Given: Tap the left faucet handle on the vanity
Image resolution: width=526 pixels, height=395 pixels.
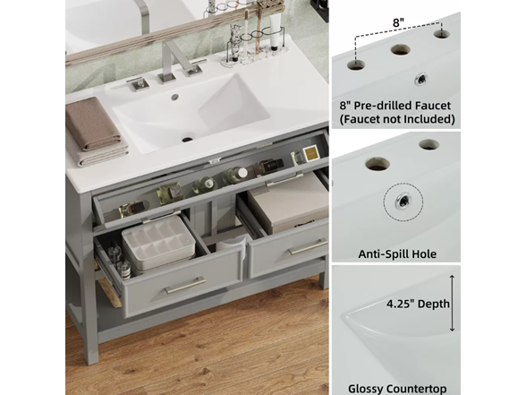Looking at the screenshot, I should point(137,84).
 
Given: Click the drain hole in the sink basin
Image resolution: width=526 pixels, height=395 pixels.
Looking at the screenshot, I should point(188,139).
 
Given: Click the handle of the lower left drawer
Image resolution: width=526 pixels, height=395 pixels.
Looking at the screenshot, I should point(184,286).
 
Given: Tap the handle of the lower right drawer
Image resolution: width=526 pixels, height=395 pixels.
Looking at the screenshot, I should point(307,247).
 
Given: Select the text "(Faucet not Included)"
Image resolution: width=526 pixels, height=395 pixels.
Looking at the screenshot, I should point(395,118).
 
